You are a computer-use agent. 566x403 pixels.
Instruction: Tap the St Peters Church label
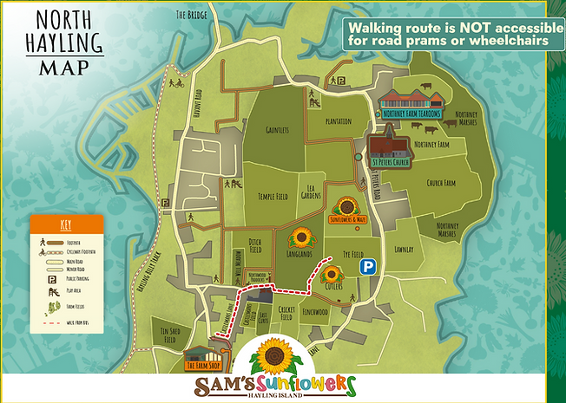(x=392, y=159)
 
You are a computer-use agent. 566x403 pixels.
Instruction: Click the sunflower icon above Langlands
(x=301, y=237)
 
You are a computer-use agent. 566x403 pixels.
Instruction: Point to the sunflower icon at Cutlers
(x=331, y=276)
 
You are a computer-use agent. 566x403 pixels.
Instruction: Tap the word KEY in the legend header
(x=66, y=223)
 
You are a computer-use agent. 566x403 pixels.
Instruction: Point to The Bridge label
(x=193, y=15)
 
